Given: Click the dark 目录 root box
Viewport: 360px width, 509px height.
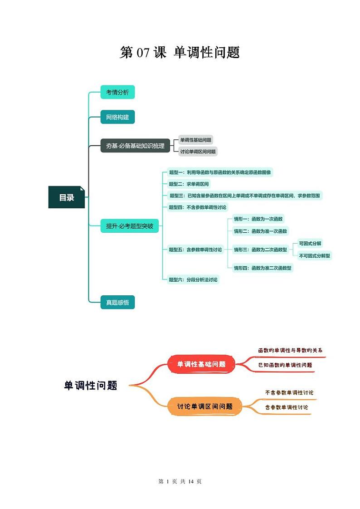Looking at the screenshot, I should pos(66,197).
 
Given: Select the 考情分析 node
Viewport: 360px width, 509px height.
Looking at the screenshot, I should pos(117,93).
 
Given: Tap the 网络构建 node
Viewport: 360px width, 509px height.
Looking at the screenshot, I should pos(117,117).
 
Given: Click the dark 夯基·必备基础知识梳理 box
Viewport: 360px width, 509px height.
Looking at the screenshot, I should pos(135,146).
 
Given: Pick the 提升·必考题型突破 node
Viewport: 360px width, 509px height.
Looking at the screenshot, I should pos(130,225).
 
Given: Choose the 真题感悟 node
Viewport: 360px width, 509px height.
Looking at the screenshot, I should pos(117,302).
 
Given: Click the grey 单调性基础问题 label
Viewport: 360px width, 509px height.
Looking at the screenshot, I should pos(196,140).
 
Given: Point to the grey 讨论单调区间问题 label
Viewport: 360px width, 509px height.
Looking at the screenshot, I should pos(198,152).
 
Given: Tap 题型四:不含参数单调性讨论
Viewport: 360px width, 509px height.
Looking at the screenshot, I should pos(197,207).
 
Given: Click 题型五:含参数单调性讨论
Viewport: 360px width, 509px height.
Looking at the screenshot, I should pos(195,250).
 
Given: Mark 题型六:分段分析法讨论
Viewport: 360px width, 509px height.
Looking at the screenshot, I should pos(193,280).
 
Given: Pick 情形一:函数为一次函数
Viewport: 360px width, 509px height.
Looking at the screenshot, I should pos(258,219).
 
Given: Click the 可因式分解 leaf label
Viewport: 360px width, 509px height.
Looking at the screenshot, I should pos(310,244).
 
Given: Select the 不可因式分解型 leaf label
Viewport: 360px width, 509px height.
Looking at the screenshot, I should pos(315,256).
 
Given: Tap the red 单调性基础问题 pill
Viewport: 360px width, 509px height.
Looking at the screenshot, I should pos(201,364).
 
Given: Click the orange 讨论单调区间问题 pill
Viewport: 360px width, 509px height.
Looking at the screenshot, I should pos(204,406).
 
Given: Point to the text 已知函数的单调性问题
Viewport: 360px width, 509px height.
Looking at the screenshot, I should pos(285,365).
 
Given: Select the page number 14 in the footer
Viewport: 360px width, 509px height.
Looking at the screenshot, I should pos(191,481).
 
